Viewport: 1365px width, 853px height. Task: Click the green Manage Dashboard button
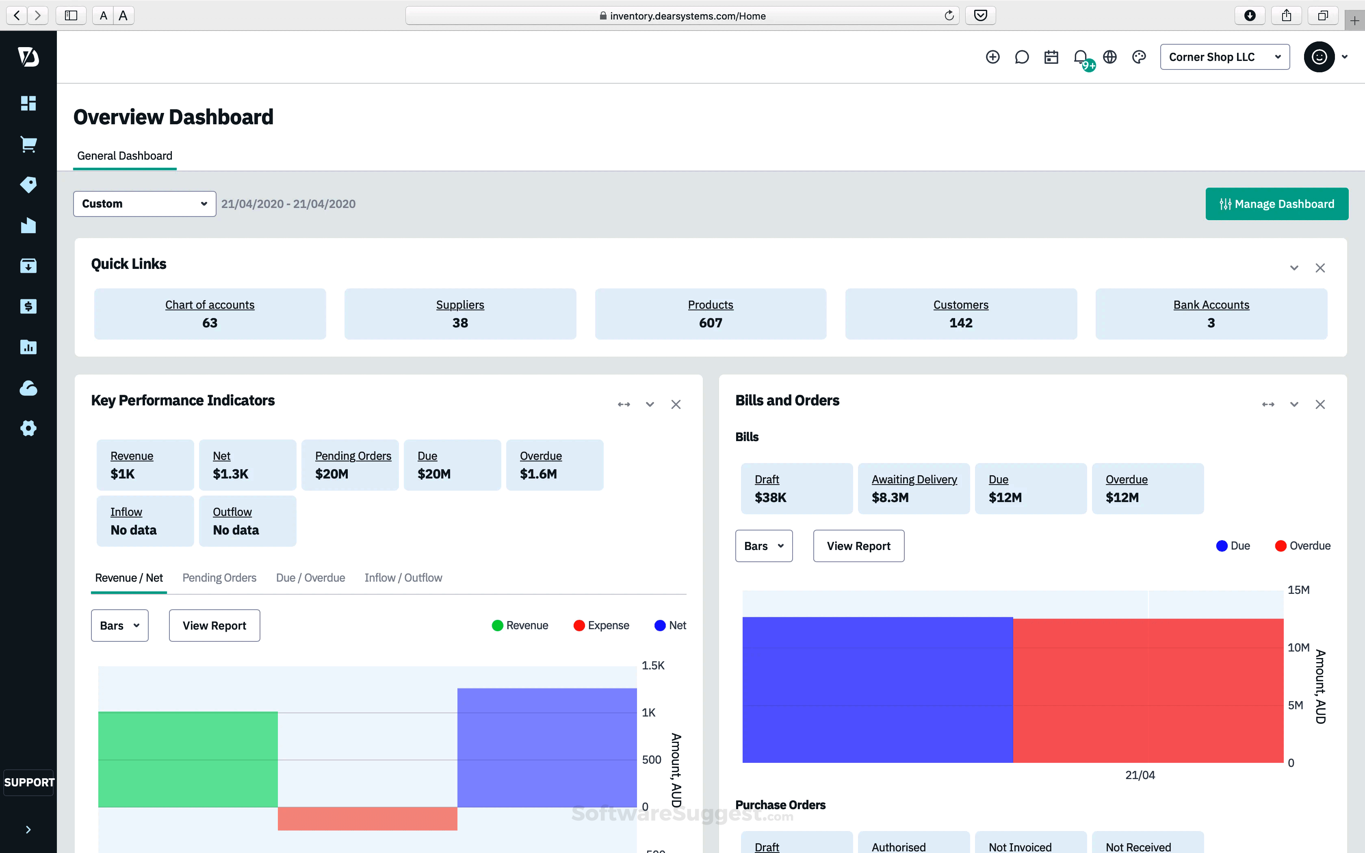click(1276, 204)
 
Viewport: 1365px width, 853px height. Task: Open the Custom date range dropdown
click(144, 204)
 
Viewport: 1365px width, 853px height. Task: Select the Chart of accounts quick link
click(209, 305)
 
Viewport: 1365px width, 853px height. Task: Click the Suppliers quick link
click(460, 305)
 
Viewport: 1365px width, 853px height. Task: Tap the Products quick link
click(710, 305)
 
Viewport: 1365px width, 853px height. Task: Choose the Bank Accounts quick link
click(1211, 305)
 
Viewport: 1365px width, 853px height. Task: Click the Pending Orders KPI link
click(353, 456)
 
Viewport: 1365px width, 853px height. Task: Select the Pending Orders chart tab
click(219, 578)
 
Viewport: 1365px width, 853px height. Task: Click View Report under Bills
click(858, 546)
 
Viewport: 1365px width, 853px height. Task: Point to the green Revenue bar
click(187, 759)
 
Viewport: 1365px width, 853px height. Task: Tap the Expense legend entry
click(601, 625)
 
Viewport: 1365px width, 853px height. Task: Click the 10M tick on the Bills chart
click(1298, 647)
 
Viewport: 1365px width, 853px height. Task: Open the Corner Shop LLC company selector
click(1224, 57)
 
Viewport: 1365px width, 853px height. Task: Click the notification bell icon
click(1080, 57)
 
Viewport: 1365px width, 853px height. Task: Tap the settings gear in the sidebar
click(28, 428)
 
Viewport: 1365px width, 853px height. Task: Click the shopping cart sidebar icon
click(28, 145)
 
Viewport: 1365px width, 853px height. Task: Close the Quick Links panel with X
click(1320, 268)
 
